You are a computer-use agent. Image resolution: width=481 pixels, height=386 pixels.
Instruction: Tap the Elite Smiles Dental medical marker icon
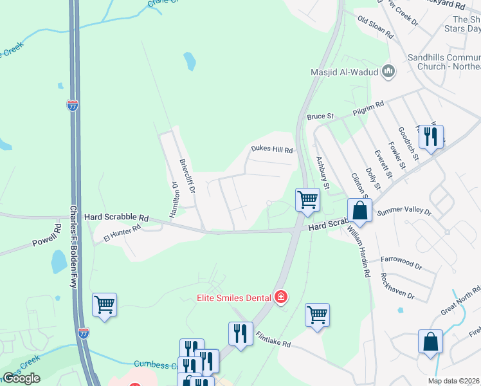click(x=280, y=297)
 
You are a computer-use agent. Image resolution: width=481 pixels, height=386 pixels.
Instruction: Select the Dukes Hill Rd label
click(x=271, y=149)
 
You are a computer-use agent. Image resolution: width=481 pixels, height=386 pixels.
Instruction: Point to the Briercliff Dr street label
click(x=188, y=178)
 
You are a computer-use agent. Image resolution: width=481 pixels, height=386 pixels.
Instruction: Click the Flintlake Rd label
click(x=273, y=340)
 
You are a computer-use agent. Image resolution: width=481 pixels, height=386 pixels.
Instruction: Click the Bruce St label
click(x=320, y=116)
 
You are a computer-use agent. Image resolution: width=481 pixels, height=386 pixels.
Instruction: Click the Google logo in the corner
click(x=21, y=378)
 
